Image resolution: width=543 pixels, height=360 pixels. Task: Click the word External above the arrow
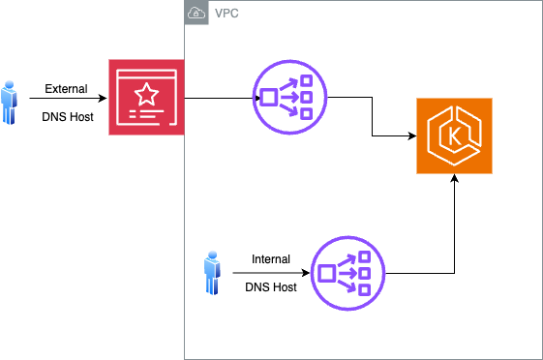point(66,89)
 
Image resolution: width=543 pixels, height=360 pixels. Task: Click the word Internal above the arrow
point(271,259)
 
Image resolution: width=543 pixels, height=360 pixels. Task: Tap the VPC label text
point(226,14)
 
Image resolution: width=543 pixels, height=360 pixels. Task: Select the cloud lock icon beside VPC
point(196,13)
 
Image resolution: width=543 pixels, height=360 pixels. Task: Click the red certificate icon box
point(146,98)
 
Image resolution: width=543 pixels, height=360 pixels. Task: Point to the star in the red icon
point(146,94)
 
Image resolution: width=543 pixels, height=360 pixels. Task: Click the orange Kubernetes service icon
point(454,135)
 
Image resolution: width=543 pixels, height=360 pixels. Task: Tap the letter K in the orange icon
point(454,135)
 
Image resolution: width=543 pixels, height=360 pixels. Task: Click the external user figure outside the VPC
point(9,103)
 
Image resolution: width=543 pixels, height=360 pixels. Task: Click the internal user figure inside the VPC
point(212,273)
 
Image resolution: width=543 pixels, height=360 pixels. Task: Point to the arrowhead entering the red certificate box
point(103,99)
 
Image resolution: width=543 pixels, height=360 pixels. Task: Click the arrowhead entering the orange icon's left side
point(412,136)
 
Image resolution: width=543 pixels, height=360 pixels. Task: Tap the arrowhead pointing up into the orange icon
point(454,178)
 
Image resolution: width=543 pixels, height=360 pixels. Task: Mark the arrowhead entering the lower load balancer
point(306,273)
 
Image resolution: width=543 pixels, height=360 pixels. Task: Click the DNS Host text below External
point(68,117)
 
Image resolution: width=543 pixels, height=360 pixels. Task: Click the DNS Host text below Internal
point(271,287)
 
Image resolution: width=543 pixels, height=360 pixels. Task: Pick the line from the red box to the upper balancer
point(223,99)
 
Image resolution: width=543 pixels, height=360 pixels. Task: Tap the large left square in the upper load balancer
point(268,98)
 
